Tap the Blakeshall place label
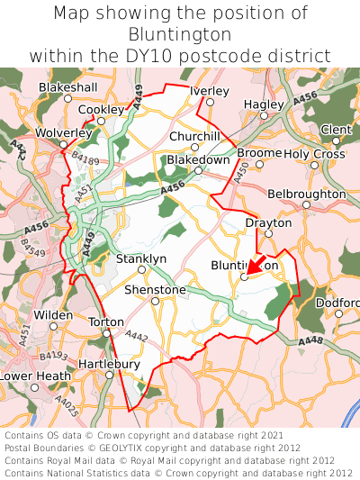(x=67, y=87)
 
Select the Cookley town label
(x=101, y=110)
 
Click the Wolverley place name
(x=63, y=133)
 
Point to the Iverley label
(x=210, y=91)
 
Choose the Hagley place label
(x=263, y=104)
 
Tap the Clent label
(x=336, y=130)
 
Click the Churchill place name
(x=194, y=136)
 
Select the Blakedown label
(x=198, y=159)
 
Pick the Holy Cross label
(x=314, y=154)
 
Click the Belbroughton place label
(x=306, y=194)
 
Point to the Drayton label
(x=268, y=222)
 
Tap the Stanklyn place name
(x=141, y=259)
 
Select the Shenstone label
(x=154, y=290)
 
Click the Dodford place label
(x=337, y=303)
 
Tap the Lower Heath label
(x=34, y=376)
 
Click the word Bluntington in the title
(x=180, y=34)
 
